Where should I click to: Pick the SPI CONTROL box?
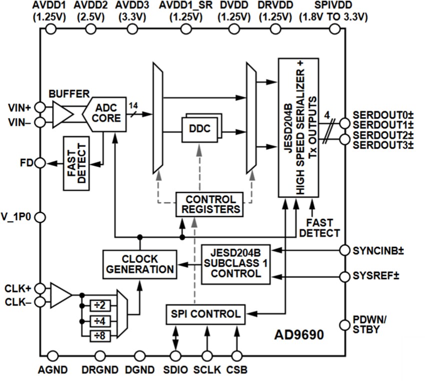pyautogui.click(x=205, y=314)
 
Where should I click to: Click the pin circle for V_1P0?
pyautogui.click(x=40, y=217)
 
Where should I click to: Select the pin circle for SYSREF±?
pyautogui.click(x=344, y=276)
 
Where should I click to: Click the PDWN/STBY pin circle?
pyautogui.click(x=344, y=325)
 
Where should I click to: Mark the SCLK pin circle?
pyautogui.click(x=205, y=356)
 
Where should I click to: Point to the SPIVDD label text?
pyautogui.click(x=332, y=6)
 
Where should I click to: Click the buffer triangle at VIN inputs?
pyautogui.click(x=61, y=113)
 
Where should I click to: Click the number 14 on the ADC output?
pyautogui.click(x=133, y=105)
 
